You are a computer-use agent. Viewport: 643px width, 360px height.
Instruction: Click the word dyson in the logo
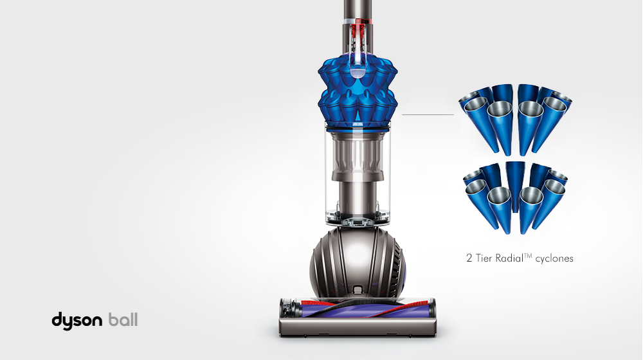pyautogui.click(x=77, y=320)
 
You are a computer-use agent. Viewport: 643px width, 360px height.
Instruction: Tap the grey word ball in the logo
pyautogui.click(x=123, y=319)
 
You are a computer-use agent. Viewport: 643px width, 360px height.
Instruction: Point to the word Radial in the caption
pyautogui.click(x=511, y=258)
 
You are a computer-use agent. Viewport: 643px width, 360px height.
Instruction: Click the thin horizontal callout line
pyautogui.click(x=428, y=114)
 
